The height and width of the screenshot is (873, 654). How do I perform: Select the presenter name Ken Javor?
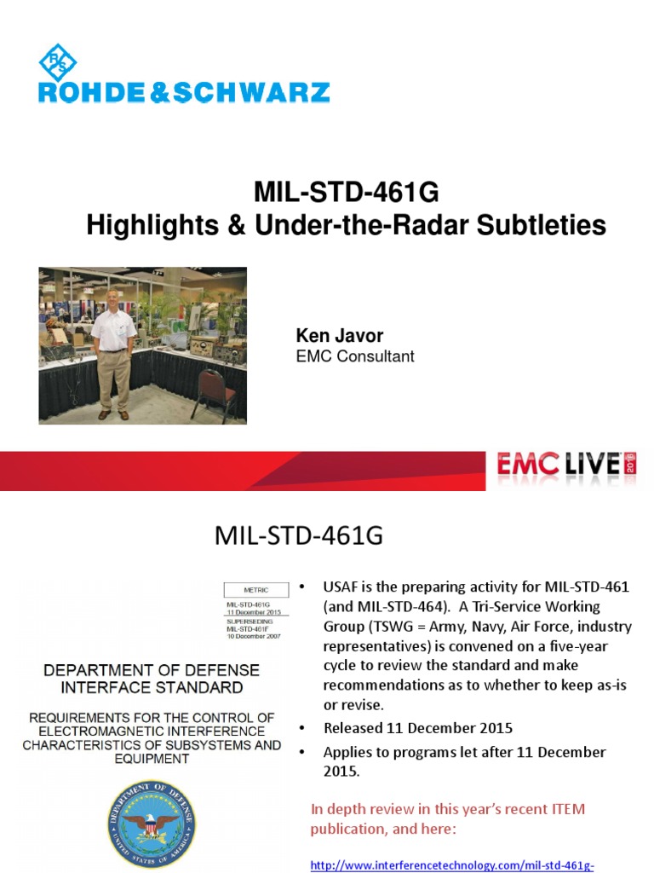click(339, 336)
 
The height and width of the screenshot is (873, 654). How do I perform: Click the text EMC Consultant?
click(354, 356)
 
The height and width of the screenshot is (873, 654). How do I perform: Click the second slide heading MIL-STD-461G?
click(298, 537)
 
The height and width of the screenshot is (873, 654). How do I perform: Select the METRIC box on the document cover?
click(255, 588)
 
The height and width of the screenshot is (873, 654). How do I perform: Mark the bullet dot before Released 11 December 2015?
click(301, 730)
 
